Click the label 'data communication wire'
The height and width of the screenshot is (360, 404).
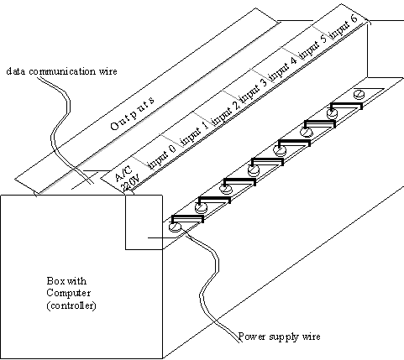(61, 71)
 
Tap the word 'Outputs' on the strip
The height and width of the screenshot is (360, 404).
(132, 113)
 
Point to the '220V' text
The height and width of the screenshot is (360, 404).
(130, 183)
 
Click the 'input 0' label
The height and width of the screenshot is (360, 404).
(161, 157)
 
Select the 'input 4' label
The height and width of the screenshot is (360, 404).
(283, 70)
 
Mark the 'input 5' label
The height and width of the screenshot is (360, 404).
(313, 48)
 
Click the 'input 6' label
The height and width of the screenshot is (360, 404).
(344, 27)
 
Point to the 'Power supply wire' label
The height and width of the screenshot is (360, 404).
(279, 337)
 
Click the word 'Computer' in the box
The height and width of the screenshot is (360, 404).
(69, 293)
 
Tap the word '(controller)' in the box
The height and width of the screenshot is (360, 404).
(71, 305)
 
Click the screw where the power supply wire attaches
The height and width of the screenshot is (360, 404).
(176, 227)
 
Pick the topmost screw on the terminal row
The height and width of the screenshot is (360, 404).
(359, 94)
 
